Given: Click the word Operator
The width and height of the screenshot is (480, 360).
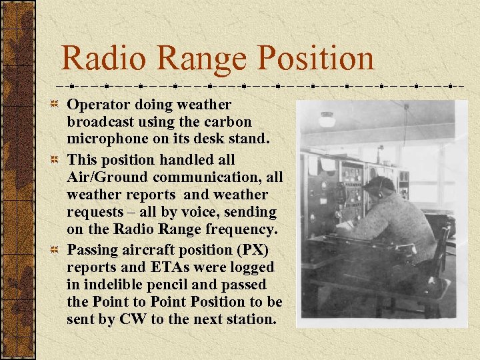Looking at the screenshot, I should click(x=97, y=105).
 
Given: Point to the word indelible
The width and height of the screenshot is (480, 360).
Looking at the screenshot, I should click(x=116, y=285).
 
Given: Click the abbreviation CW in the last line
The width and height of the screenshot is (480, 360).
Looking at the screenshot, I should click(x=131, y=319).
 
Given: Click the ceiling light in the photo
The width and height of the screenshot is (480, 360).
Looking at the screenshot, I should click(x=327, y=119).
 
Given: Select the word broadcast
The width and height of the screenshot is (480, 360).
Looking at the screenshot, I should click(x=99, y=123).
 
